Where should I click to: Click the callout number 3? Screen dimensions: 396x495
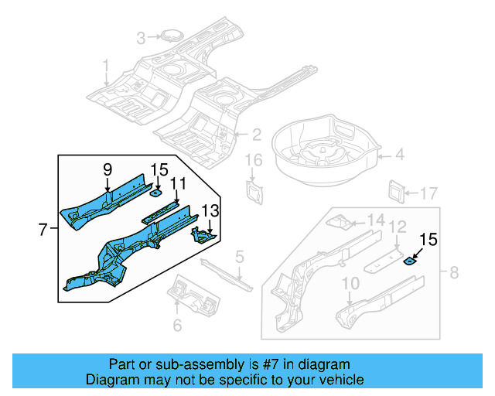pyautogui.click(x=141, y=38)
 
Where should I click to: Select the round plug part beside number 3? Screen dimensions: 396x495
pyautogui.click(x=168, y=36)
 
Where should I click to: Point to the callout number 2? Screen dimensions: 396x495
pyautogui.click(x=256, y=135)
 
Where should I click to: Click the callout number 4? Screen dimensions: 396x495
pyautogui.click(x=400, y=155)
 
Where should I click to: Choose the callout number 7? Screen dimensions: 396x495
pyautogui.click(x=43, y=228)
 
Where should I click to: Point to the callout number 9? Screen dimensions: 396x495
pyautogui.click(x=108, y=169)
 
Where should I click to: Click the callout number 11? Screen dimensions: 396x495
pyautogui.click(x=179, y=183)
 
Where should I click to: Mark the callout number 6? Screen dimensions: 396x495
pyautogui.click(x=177, y=326)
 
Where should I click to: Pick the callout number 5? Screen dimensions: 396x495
pyautogui.click(x=240, y=256)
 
